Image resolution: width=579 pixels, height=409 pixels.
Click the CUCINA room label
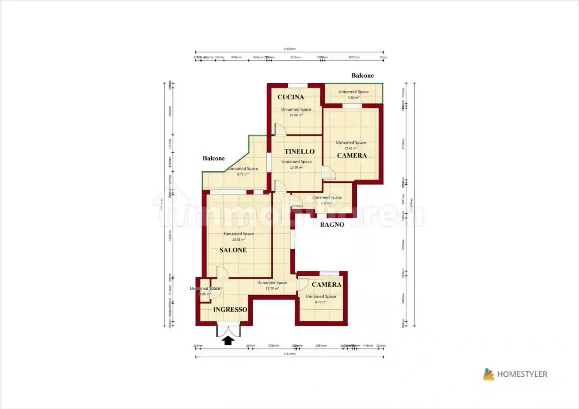click(x=290, y=97)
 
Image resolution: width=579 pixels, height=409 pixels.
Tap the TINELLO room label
click(x=299, y=152)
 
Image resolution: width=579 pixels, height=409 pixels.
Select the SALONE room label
click(x=233, y=250)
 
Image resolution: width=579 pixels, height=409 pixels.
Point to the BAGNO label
click(x=332, y=225)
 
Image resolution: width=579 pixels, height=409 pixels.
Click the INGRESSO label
click(x=230, y=310)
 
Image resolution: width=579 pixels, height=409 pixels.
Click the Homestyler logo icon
click(x=488, y=374)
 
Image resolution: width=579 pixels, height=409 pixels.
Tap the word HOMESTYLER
click(x=522, y=374)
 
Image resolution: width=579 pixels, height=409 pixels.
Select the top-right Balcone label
click(x=362, y=76)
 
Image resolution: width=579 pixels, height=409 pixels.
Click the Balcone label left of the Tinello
click(x=213, y=158)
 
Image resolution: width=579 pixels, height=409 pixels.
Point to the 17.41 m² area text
click(x=351, y=148)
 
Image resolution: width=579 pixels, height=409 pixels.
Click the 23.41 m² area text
click(x=239, y=240)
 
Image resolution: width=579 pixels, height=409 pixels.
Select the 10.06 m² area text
click(x=296, y=115)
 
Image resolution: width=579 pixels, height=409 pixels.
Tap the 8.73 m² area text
click(x=320, y=302)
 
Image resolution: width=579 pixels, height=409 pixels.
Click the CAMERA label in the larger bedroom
click(x=352, y=155)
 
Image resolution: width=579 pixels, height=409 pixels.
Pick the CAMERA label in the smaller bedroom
click(x=326, y=284)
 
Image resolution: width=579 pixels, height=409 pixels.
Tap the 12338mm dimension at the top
click(x=289, y=49)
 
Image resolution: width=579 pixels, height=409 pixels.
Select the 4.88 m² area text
click(x=353, y=97)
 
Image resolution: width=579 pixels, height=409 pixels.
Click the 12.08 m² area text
click(x=296, y=167)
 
